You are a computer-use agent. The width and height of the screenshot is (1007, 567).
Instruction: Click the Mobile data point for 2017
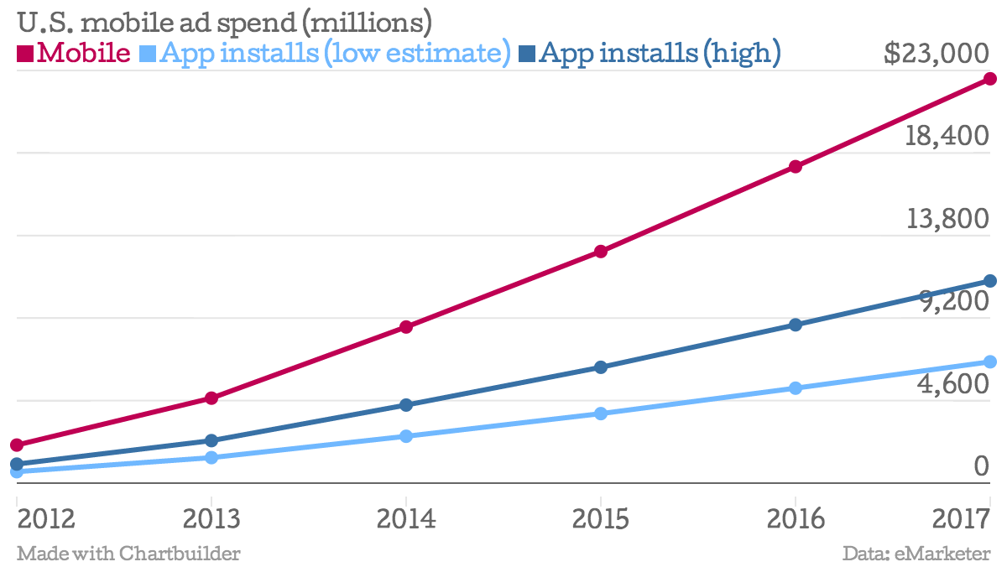(x=990, y=79)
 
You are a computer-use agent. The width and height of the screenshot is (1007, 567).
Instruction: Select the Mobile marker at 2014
(x=406, y=326)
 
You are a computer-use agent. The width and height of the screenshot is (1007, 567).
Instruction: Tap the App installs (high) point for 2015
(x=601, y=367)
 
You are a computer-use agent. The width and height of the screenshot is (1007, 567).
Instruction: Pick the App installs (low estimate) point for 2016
(x=796, y=388)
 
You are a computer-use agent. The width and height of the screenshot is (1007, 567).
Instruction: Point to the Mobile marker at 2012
(x=17, y=445)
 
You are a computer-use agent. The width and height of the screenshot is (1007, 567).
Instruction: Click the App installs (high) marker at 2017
(x=990, y=281)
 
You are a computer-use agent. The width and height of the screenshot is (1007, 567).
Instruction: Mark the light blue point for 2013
(x=211, y=457)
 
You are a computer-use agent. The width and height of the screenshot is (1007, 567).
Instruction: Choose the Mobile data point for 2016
(x=796, y=167)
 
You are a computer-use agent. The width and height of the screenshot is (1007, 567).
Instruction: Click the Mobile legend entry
(x=74, y=54)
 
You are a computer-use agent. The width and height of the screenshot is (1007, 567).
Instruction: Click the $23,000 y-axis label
(x=937, y=54)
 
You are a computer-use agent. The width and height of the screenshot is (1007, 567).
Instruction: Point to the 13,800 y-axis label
(x=947, y=219)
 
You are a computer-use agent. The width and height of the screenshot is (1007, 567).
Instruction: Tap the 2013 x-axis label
(x=211, y=519)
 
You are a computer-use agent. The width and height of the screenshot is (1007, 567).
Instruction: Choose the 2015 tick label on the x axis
(x=601, y=519)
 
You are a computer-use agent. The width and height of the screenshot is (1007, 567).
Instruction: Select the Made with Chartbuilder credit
(x=128, y=554)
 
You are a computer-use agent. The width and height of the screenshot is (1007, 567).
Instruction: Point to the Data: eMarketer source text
(x=917, y=554)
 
